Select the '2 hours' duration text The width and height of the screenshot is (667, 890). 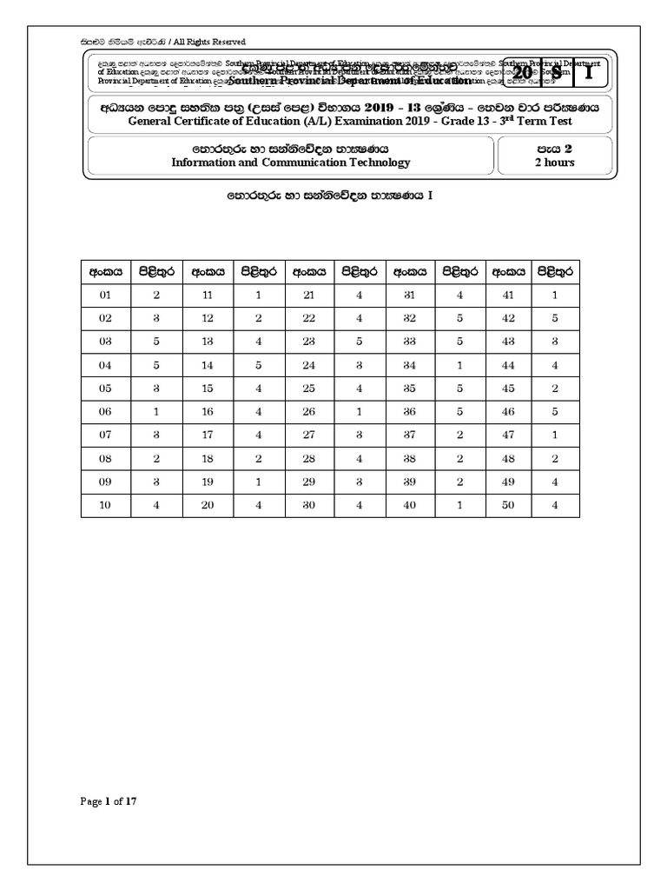click(x=554, y=163)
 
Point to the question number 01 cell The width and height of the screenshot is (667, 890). click(x=106, y=296)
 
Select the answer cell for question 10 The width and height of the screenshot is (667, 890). click(x=157, y=506)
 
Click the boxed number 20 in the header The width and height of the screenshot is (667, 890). click(x=523, y=74)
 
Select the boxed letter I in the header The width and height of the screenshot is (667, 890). click(x=589, y=74)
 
